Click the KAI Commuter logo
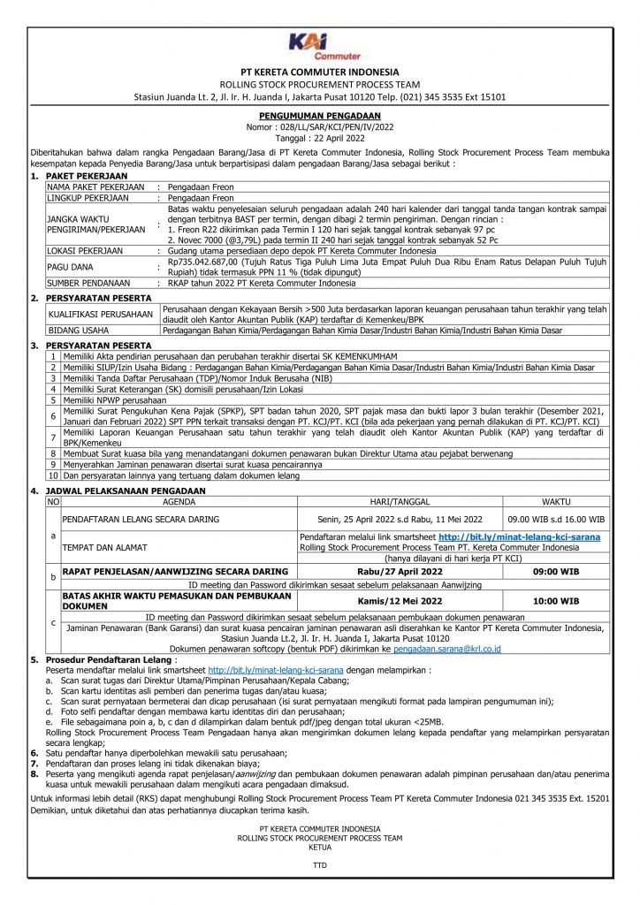pos(319,44)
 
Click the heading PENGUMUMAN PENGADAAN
pos(319,116)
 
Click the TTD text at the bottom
pos(319,865)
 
